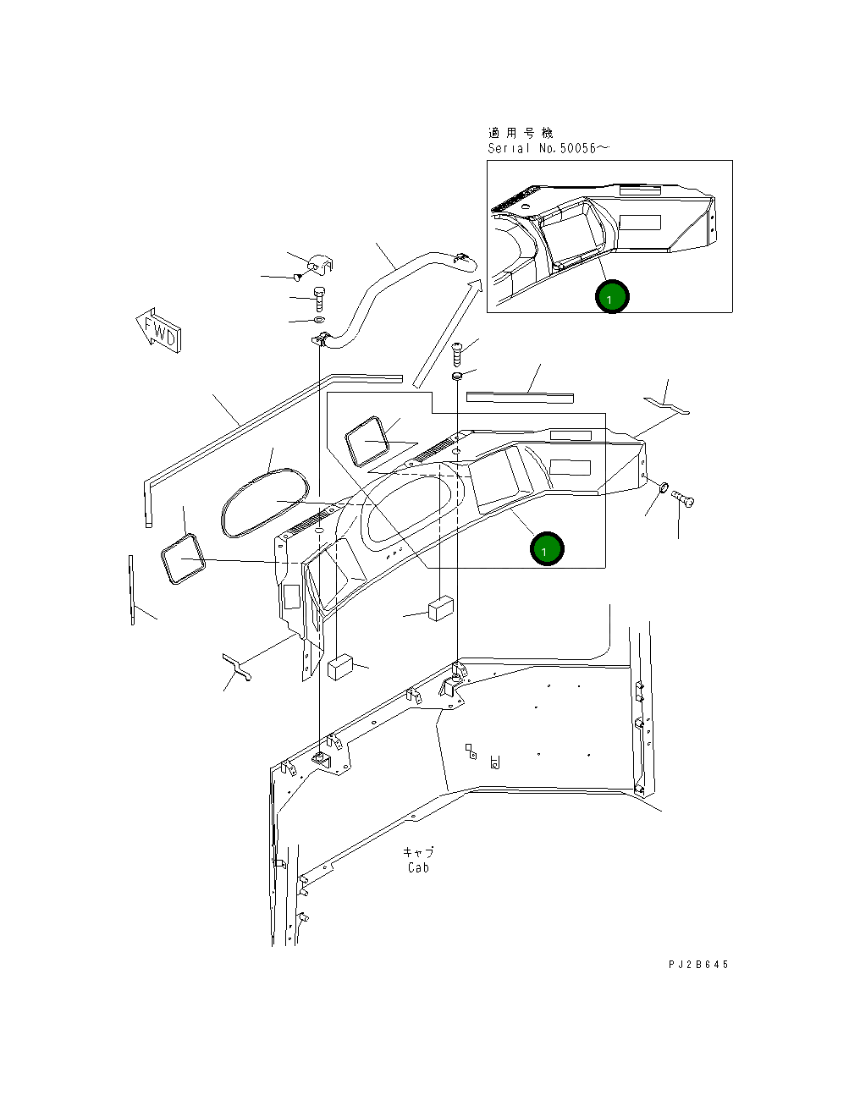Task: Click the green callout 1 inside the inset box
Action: (x=611, y=297)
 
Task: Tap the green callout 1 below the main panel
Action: (x=546, y=549)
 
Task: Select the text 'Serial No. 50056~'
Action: (x=548, y=148)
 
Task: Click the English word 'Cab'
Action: (x=418, y=867)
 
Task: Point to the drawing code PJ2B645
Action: (x=697, y=964)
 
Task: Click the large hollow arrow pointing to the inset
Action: (x=447, y=334)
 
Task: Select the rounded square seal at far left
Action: (x=182, y=559)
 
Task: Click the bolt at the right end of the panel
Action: (x=684, y=501)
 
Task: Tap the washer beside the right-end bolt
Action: (x=663, y=487)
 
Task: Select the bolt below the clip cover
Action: (x=319, y=299)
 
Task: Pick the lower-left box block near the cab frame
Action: (x=340, y=666)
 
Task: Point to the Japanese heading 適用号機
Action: (x=520, y=133)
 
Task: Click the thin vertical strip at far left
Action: (x=132, y=590)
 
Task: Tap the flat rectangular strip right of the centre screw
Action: (x=520, y=395)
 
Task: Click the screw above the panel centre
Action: (x=457, y=351)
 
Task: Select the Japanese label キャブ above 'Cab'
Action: (x=418, y=851)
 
